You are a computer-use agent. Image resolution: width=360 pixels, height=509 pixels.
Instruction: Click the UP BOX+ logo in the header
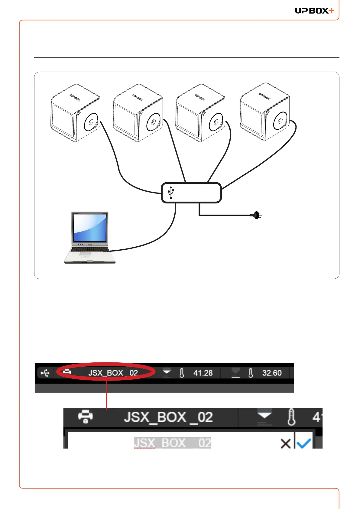pos(314,11)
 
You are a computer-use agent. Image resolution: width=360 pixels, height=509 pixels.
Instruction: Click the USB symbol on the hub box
pos(171,193)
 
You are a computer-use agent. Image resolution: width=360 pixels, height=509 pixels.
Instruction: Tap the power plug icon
pos(256,215)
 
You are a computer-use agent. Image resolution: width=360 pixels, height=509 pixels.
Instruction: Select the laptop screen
pos(89,228)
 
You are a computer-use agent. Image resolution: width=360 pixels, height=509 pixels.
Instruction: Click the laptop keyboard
pos(90,250)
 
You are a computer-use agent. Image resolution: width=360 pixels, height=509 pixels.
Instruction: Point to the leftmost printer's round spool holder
pos(91,122)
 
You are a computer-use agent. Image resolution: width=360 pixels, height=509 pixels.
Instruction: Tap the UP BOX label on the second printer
pos(138,97)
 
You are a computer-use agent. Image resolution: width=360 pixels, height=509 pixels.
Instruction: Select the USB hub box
pos(191,193)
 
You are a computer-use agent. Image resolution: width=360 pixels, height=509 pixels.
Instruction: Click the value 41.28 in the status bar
pos(203,373)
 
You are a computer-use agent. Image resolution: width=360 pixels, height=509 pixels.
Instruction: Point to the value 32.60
pos(272,373)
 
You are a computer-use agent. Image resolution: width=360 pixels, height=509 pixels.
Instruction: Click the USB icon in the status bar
pos(45,373)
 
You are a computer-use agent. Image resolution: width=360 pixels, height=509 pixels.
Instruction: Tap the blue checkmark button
pos(304,443)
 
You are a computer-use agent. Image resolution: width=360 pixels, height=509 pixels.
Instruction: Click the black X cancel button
pos(285,443)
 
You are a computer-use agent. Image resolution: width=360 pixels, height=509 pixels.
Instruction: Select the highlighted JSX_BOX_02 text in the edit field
pos(173,443)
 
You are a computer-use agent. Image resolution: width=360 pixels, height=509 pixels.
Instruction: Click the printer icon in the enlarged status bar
pos(86,417)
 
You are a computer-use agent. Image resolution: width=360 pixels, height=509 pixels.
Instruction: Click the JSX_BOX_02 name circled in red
pos(113,373)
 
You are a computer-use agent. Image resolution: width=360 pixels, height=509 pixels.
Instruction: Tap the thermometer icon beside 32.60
pos(251,373)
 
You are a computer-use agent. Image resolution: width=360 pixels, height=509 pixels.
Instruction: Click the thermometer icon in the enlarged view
pos(291,417)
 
